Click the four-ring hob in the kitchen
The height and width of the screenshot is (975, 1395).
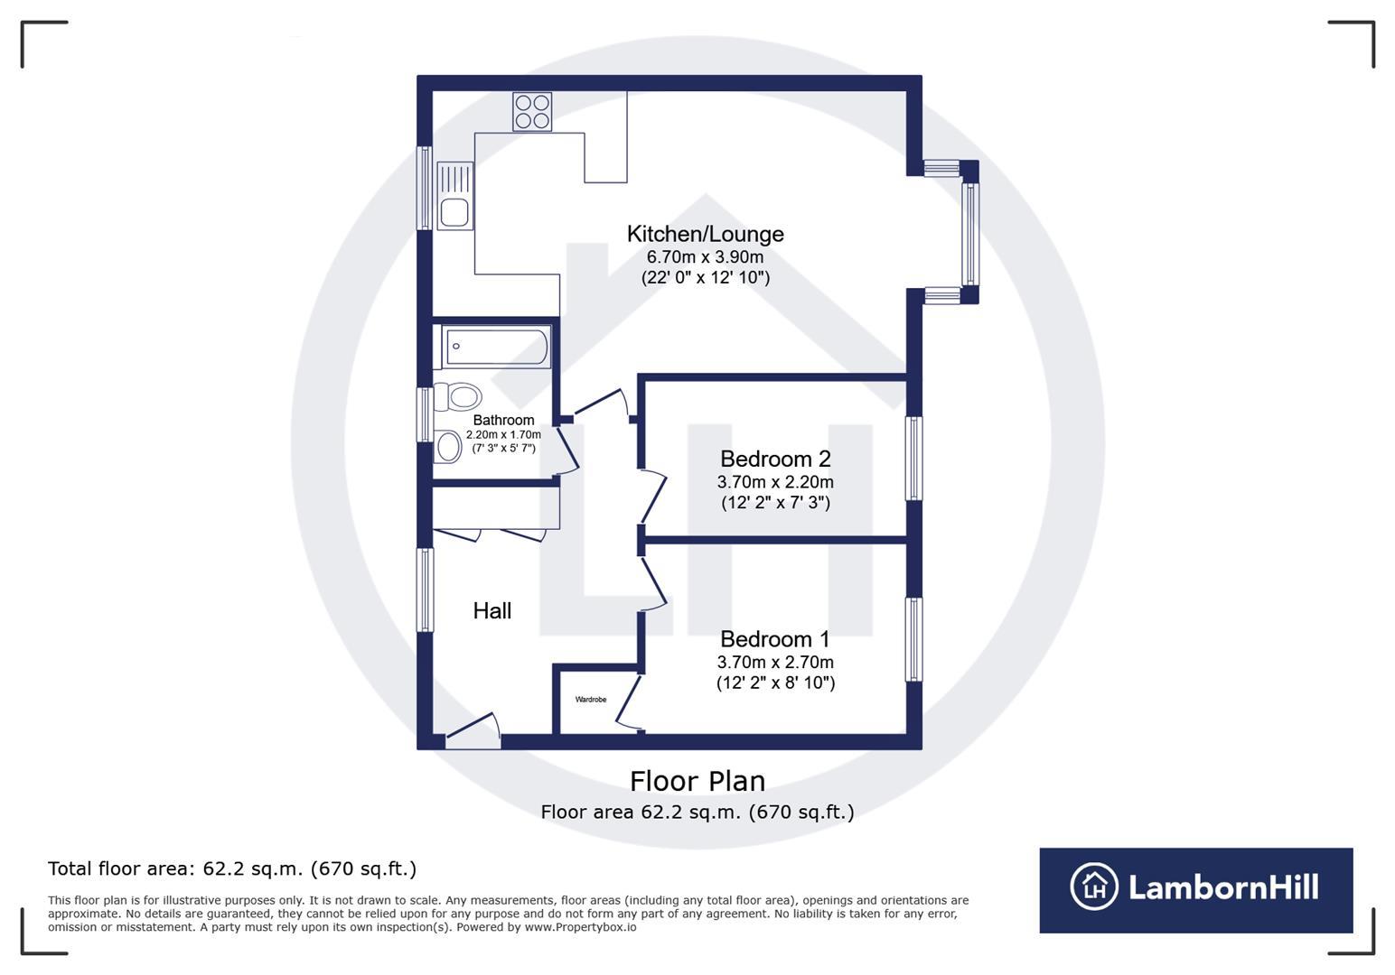tap(532, 112)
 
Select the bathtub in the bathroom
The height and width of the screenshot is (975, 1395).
tap(496, 347)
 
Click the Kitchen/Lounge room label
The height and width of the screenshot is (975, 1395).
tap(705, 234)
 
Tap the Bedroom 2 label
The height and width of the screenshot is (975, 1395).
tap(775, 459)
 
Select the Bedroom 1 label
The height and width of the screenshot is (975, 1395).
tap(775, 639)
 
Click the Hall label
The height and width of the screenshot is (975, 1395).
tap(492, 611)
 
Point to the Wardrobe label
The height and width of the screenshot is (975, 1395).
tap(591, 700)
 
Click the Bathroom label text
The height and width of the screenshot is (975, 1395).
tap(503, 420)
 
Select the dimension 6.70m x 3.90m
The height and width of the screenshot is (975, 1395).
tap(705, 257)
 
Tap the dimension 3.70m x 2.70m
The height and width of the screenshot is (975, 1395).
tap(775, 662)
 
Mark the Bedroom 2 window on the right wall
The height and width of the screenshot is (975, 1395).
tap(914, 458)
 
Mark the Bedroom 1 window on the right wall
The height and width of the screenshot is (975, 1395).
tap(914, 639)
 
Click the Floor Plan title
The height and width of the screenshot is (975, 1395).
tap(697, 781)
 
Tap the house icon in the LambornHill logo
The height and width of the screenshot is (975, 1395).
tap(1094, 887)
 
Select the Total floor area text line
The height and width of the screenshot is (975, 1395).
tap(232, 868)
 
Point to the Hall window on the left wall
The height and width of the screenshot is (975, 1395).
tap(425, 590)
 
